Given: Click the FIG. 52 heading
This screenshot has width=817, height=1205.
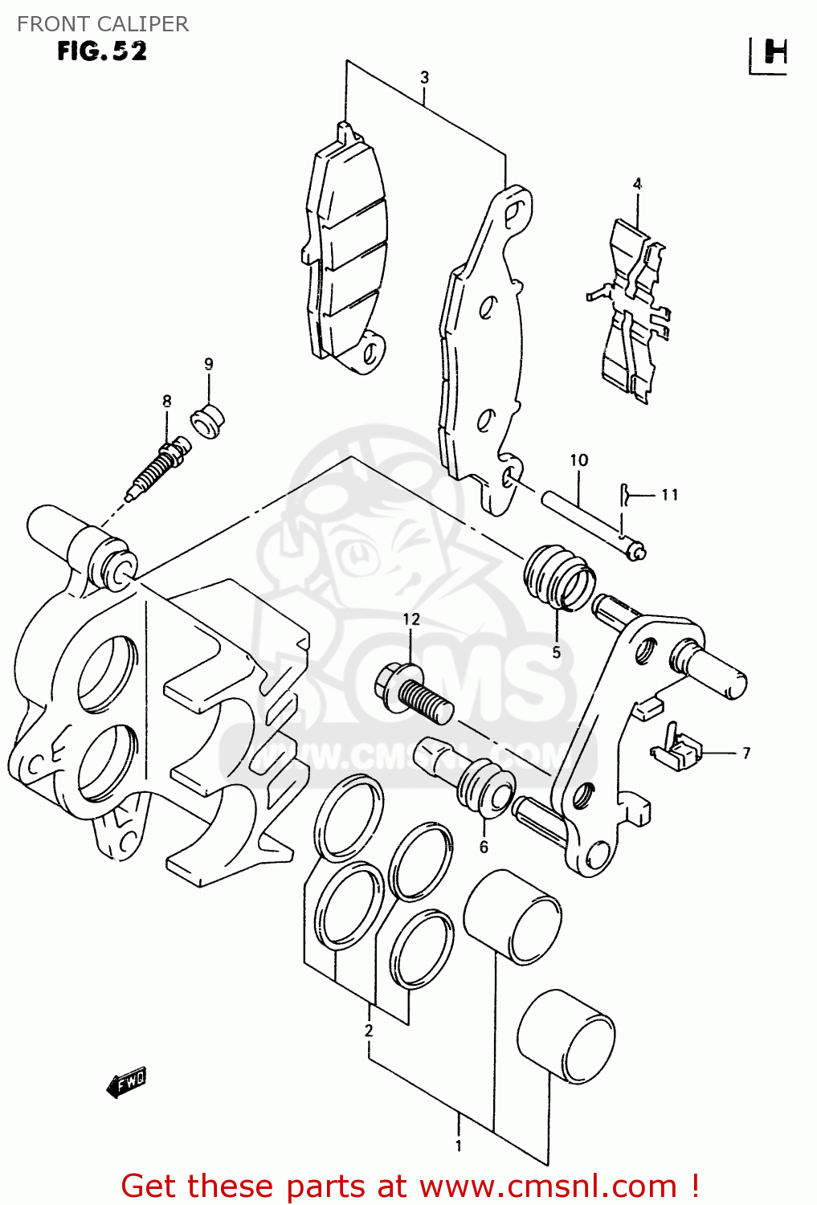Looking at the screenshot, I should click(x=102, y=51).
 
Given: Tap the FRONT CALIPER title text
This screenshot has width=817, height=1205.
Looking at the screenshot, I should click(x=103, y=24).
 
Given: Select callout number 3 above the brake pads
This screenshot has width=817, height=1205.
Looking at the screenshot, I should click(x=424, y=77).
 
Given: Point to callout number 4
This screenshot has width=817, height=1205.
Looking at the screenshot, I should click(x=637, y=184).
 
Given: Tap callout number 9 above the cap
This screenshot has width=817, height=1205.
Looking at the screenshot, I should click(x=209, y=364).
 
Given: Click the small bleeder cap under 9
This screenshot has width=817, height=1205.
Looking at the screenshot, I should click(x=207, y=423).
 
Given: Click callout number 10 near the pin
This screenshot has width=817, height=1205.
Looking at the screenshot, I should click(x=579, y=460).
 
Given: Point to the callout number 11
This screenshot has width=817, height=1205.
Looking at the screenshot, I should click(x=670, y=495).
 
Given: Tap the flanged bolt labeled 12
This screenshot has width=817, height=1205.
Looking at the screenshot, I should click(x=414, y=695).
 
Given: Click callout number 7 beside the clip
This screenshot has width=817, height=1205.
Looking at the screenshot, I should click(x=746, y=753).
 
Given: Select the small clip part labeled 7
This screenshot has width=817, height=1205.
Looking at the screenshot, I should click(x=676, y=749).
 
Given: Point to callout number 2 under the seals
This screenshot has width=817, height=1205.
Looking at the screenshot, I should click(x=369, y=1030).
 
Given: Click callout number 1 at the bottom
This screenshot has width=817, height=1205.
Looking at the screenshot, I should click(x=459, y=1146).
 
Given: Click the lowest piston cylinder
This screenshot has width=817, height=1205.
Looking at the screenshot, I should click(x=566, y=1036).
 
